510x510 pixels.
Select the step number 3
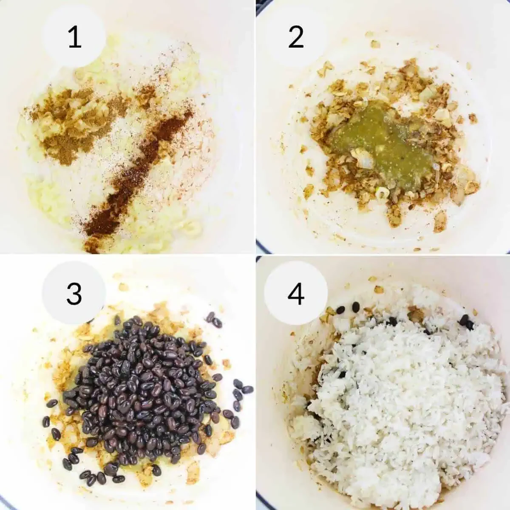(x=74, y=294)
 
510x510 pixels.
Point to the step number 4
(x=296, y=294)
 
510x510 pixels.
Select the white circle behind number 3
(x=74, y=294)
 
